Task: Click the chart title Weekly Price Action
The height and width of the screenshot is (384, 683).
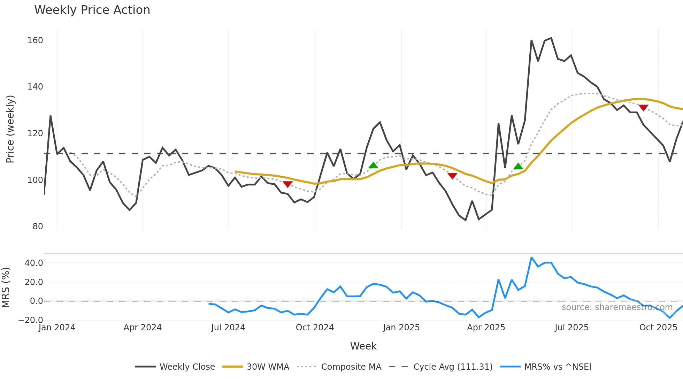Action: (x=92, y=10)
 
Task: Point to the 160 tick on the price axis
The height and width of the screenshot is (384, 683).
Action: (x=35, y=40)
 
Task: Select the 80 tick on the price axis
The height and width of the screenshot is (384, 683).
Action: (x=38, y=226)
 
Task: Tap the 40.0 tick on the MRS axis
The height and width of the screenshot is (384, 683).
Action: (x=34, y=263)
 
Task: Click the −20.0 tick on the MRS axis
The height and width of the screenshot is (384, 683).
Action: (x=31, y=320)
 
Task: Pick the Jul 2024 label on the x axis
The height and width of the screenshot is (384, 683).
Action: (x=228, y=328)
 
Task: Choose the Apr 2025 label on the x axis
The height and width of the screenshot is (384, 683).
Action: (x=486, y=328)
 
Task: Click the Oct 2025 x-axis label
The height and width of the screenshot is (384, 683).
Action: (x=658, y=328)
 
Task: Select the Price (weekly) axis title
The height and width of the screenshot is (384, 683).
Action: (x=10, y=129)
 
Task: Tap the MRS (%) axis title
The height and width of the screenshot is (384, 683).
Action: (x=6, y=287)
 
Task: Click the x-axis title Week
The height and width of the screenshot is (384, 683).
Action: (x=363, y=346)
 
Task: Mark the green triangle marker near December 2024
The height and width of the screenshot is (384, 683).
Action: (x=373, y=166)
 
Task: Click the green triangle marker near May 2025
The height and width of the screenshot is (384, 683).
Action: (x=518, y=166)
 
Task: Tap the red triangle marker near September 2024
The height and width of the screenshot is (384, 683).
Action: (x=287, y=184)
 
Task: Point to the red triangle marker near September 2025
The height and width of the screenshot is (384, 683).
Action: (x=643, y=108)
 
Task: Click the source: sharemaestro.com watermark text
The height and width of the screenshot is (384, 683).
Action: (x=617, y=307)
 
